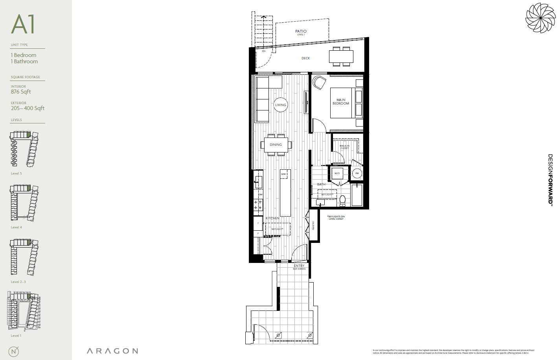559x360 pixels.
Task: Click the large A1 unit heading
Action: pos(23,24)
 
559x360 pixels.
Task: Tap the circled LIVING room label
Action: pos(281,105)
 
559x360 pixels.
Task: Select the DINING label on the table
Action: pos(276,145)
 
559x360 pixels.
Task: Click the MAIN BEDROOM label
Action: pos(340,102)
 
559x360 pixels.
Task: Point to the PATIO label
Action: pos(301,31)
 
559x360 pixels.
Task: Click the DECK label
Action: pos(305,58)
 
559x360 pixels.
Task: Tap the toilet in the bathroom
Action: pos(342,200)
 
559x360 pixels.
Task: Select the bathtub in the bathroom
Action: pos(357,195)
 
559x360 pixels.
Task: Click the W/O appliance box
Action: pos(337,173)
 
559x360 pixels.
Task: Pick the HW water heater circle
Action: pos(357,173)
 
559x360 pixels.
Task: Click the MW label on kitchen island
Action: pos(283,174)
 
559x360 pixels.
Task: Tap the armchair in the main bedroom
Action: pos(319,83)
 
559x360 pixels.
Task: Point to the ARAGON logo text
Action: pos(112,351)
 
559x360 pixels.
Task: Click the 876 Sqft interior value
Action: pos(21,92)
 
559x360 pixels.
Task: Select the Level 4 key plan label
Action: pos(17,228)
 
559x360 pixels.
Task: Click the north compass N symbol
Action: pos(15,351)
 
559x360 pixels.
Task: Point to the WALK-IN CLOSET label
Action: pos(344,147)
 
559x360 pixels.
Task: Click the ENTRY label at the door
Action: pos(299,266)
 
